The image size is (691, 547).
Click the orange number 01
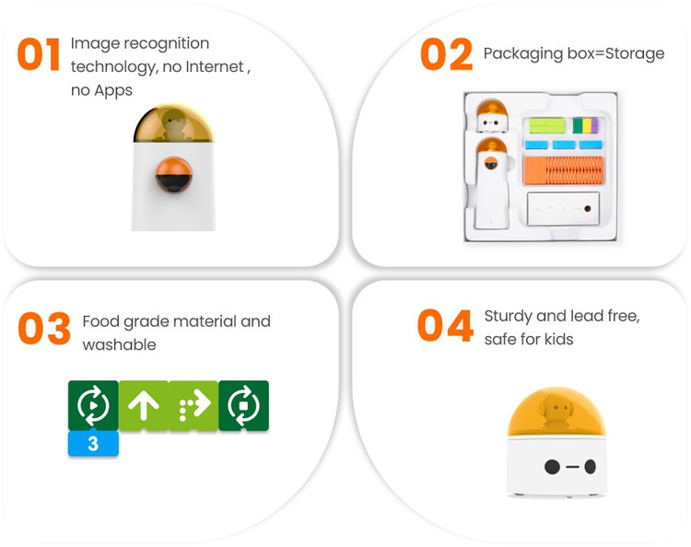(x=39, y=54)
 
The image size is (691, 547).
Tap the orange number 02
(x=447, y=54)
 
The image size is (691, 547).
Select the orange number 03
(x=44, y=328)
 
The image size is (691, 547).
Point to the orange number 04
(x=445, y=325)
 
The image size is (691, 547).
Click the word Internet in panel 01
(x=215, y=66)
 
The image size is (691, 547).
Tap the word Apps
(x=113, y=91)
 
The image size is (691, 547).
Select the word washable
(x=119, y=344)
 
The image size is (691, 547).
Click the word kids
(x=559, y=339)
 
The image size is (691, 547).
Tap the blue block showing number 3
(x=93, y=443)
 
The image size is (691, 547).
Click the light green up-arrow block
(x=144, y=405)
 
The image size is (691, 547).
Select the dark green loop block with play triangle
(x=93, y=405)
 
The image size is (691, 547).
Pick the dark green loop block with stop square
(x=244, y=405)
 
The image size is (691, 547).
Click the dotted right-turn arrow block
(x=193, y=405)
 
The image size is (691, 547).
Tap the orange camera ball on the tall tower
(x=173, y=175)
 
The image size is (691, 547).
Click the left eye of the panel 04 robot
(x=552, y=466)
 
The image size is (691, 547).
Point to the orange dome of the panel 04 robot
(x=556, y=412)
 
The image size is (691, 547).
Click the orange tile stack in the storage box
(x=563, y=170)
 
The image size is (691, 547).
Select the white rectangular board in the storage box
(x=563, y=209)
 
